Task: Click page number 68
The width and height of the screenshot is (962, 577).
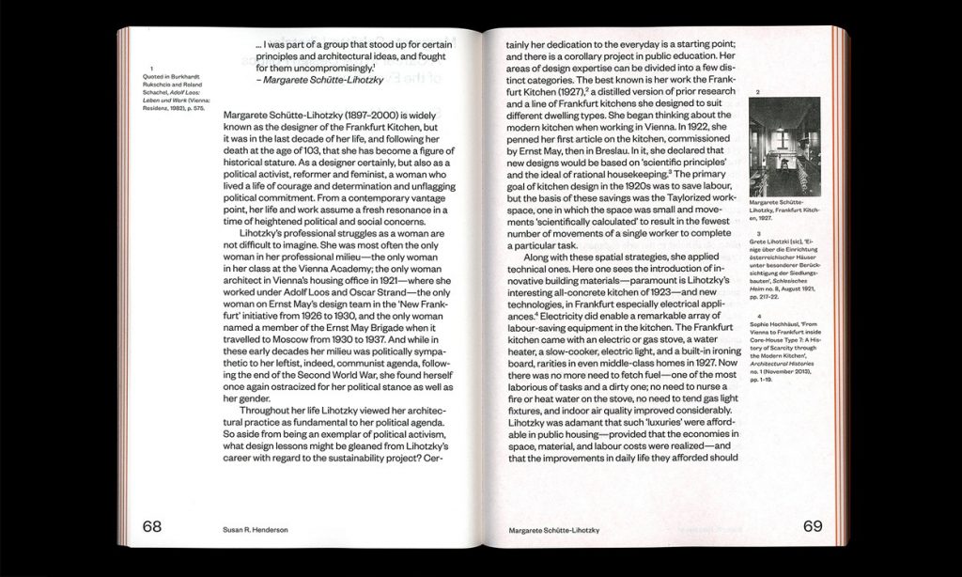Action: [152, 526]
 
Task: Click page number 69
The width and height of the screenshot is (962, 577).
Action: [813, 526]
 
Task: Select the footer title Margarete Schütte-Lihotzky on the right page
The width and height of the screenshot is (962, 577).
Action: [553, 530]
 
